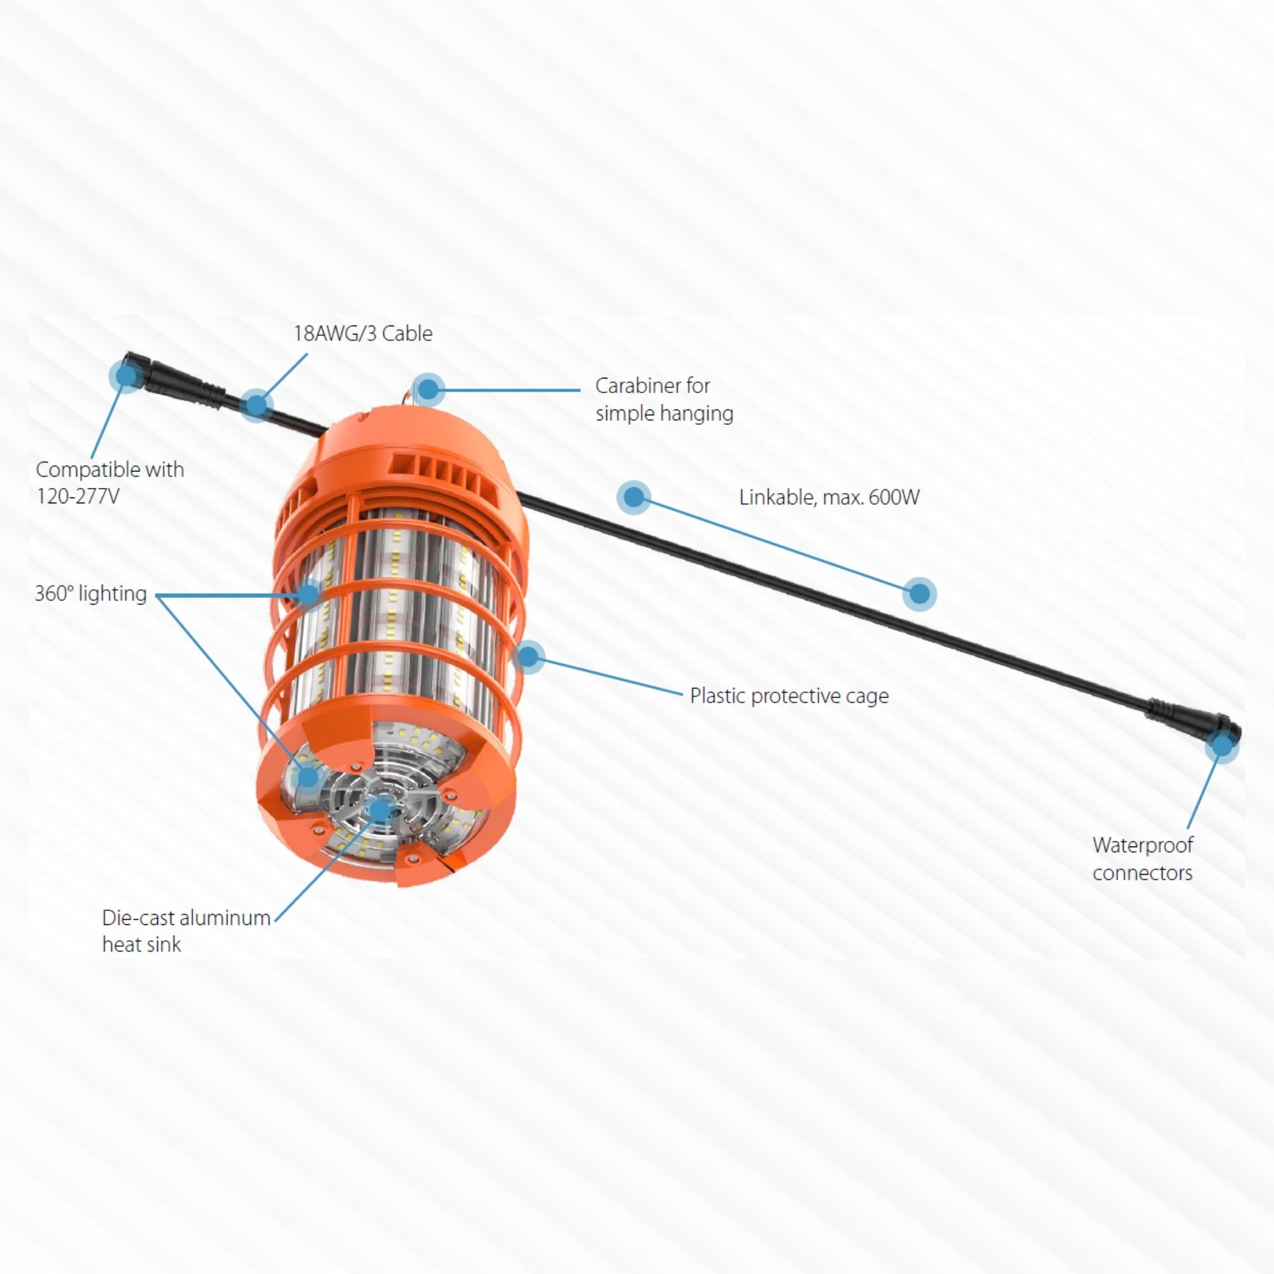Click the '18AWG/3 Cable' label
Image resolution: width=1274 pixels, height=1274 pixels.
[362, 334]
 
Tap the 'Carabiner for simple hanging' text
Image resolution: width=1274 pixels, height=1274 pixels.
[664, 399]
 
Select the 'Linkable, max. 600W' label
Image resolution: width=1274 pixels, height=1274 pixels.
[829, 497]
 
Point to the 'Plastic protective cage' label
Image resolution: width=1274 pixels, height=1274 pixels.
[789, 696]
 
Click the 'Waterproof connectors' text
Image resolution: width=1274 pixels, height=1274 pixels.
[1143, 859]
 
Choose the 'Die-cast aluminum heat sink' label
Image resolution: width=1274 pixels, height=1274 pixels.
[186, 931]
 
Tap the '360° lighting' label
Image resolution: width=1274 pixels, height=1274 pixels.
[90, 594]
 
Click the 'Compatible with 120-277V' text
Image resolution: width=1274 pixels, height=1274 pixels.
[110, 482]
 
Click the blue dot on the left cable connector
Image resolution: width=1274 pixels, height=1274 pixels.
[125, 375]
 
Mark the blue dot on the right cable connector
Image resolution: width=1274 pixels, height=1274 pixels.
[1222, 746]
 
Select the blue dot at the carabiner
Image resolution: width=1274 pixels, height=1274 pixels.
[428, 390]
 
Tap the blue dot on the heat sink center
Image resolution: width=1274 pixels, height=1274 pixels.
[380, 808]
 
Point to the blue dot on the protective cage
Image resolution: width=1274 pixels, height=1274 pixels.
[528, 655]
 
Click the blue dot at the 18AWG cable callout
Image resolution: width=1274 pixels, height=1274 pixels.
[256, 404]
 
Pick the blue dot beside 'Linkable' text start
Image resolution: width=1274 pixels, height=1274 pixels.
[633, 497]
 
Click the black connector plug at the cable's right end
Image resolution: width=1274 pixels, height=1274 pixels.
[1193, 722]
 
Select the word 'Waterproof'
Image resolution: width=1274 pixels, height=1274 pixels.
[1143, 845]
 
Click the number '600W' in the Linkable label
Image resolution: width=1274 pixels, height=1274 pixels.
[894, 497]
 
